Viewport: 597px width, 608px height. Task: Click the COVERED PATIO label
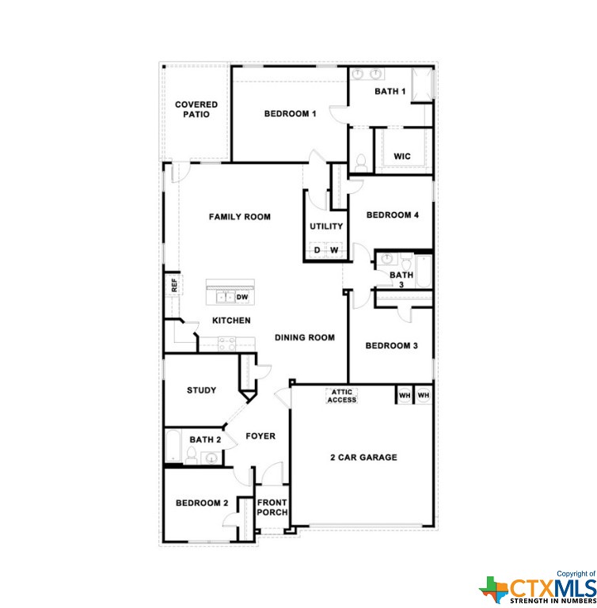click(196, 109)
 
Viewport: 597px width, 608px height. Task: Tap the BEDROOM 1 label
click(290, 114)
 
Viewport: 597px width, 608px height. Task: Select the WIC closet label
click(402, 156)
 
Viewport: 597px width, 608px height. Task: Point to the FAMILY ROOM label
click(240, 217)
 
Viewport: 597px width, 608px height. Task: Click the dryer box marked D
click(318, 249)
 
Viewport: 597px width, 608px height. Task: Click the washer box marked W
click(334, 249)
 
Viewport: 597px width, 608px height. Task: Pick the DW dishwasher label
click(242, 298)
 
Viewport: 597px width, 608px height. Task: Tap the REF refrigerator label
click(174, 285)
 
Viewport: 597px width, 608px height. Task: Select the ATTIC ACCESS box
click(342, 396)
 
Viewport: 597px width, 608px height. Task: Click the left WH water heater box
click(405, 395)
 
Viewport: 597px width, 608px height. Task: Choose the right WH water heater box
click(424, 395)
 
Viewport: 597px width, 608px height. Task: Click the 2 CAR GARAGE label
click(363, 458)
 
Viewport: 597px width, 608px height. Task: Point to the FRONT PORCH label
click(272, 507)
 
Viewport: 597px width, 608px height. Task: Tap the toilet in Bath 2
click(192, 455)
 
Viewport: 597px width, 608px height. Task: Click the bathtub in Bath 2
click(173, 445)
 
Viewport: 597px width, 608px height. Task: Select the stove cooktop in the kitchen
click(227, 343)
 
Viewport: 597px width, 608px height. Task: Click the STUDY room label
click(201, 390)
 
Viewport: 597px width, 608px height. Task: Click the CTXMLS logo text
click(553, 588)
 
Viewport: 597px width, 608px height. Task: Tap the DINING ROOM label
click(305, 337)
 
